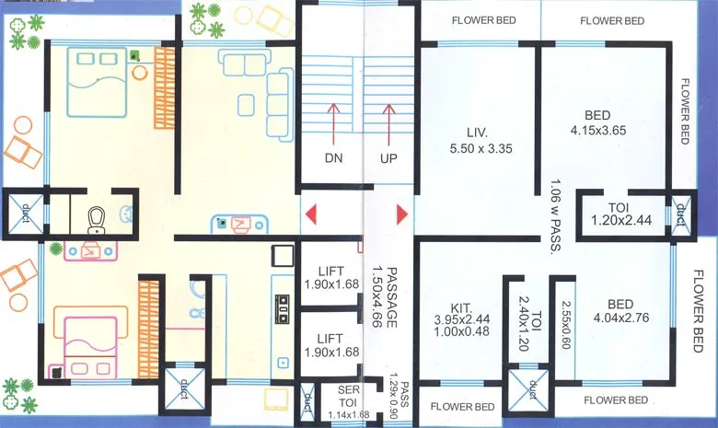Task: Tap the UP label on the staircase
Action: coord(388,157)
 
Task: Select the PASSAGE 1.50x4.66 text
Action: coord(383,299)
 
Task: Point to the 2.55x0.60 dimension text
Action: coord(566,328)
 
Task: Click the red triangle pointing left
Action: coord(311,214)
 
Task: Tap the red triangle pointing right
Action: coord(402,214)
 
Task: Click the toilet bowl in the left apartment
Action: coord(96,218)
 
